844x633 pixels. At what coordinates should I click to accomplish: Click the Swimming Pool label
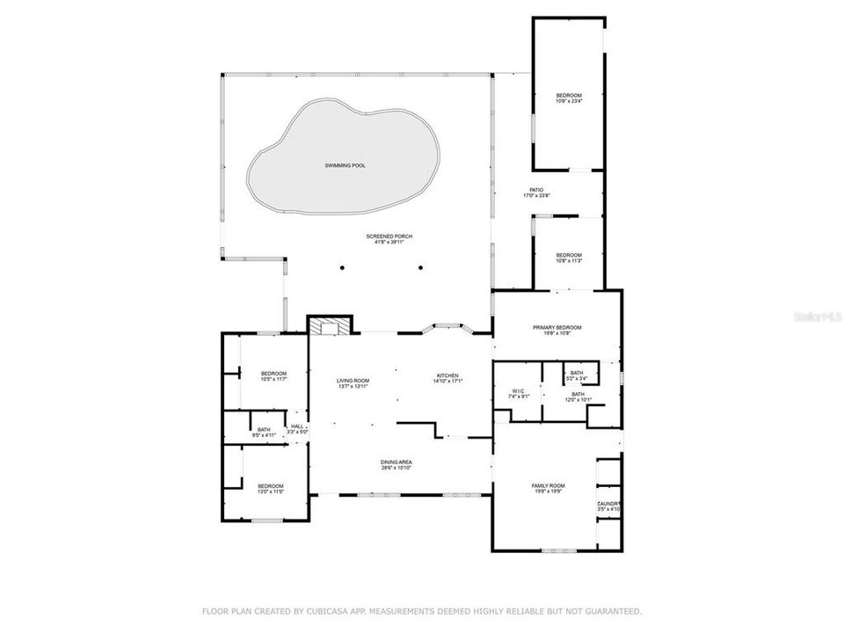(x=343, y=165)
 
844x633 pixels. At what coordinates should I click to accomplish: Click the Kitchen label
(x=447, y=378)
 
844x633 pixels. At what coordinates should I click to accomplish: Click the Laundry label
(x=609, y=506)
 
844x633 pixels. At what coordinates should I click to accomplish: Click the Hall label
(x=297, y=429)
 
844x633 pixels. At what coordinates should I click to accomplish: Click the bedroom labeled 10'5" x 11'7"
(x=273, y=376)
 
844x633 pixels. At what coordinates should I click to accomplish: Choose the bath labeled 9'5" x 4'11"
(x=264, y=432)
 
